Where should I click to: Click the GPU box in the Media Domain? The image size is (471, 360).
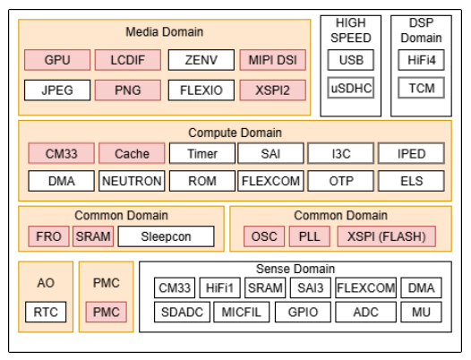click(57, 60)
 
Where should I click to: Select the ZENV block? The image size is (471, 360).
click(201, 60)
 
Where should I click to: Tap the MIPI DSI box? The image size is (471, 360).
click(273, 60)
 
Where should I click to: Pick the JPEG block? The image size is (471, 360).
click(57, 90)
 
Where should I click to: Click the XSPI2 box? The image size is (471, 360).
click(273, 90)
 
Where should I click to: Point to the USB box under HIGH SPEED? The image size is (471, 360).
click(351, 60)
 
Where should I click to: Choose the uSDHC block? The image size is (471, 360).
click(351, 88)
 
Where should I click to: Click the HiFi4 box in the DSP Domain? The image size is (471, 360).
click(421, 60)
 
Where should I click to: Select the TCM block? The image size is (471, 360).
click(421, 88)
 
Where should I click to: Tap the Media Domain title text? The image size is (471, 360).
click(164, 32)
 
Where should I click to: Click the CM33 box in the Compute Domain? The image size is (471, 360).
click(61, 153)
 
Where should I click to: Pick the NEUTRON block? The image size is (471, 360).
click(132, 181)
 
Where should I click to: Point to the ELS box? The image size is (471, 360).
click(411, 181)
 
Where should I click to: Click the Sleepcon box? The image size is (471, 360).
click(167, 236)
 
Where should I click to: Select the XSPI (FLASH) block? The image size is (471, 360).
click(387, 236)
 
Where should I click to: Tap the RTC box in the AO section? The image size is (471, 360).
click(46, 312)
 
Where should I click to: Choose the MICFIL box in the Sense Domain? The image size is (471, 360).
click(242, 312)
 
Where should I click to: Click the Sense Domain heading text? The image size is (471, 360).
click(295, 269)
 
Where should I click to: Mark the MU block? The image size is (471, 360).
click(421, 312)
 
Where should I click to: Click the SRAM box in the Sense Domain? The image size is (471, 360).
click(265, 287)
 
